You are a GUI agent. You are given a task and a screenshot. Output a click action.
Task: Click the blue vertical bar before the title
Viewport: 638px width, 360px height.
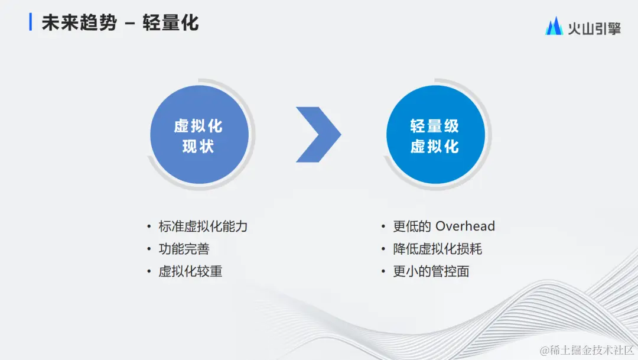coord(31,22)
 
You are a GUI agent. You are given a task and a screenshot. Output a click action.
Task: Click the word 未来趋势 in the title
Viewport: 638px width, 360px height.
coord(79,22)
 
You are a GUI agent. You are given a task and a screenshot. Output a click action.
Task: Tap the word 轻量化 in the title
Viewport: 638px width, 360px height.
coord(170,22)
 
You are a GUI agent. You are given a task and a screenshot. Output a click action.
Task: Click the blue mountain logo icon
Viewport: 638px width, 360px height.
coord(554,26)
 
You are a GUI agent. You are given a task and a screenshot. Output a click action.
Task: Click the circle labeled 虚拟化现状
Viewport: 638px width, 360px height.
coord(198,135)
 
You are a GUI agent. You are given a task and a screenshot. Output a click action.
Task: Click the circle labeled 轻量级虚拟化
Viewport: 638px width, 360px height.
coord(435,135)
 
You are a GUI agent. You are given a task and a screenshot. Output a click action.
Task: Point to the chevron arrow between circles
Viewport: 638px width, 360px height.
coord(319,135)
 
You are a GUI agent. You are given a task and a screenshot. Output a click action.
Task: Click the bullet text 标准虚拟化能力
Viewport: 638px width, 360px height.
coord(203,226)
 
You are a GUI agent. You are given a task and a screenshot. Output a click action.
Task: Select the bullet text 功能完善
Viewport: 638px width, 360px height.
coord(184,249)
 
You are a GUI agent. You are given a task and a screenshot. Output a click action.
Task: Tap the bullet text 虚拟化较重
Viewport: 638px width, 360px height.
coord(190,272)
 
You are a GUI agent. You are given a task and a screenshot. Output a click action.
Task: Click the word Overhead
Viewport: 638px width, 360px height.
coord(465,226)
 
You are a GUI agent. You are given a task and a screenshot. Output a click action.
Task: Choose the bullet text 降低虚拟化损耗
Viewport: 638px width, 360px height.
coord(438,249)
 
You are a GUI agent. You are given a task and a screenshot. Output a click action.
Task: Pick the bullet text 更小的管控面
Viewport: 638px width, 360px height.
coord(431,272)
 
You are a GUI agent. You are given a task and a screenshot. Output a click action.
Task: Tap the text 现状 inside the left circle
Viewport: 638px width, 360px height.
coord(198,146)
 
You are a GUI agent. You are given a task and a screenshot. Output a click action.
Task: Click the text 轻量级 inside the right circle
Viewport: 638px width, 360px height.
coord(435,125)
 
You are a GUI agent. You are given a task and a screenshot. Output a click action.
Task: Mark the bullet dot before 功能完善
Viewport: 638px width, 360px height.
coord(149,249)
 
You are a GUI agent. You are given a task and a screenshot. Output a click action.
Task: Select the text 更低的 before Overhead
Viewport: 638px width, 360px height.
coord(412,226)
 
